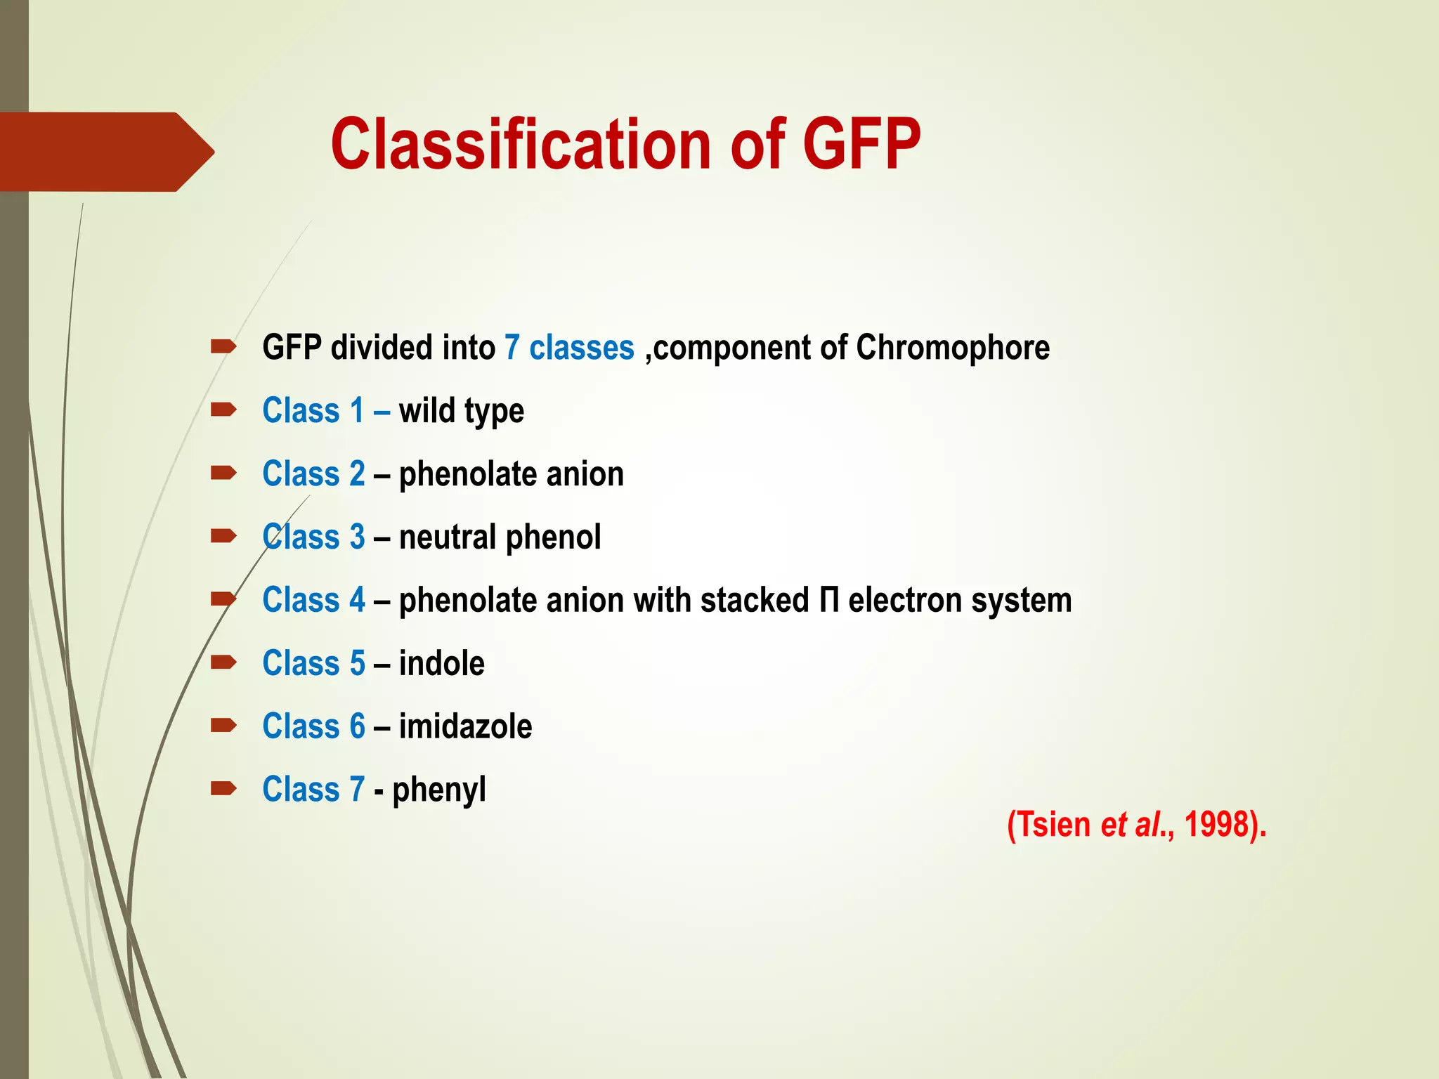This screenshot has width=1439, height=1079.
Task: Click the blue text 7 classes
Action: click(x=569, y=348)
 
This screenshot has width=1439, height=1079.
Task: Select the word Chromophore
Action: click(x=953, y=348)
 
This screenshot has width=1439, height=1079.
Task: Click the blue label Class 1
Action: click(x=313, y=411)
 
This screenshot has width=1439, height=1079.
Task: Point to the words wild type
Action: click(x=461, y=412)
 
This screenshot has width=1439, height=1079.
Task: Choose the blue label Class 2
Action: click(x=313, y=474)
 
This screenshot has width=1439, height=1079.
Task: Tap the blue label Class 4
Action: click(x=313, y=601)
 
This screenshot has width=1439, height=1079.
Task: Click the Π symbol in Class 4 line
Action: click(x=828, y=601)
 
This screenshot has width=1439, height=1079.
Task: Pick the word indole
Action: click(x=441, y=664)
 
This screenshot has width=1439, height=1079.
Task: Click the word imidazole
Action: click(x=465, y=727)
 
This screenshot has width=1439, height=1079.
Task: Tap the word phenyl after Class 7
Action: click(x=438, y=790)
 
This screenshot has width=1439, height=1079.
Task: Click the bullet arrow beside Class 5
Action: click(x=223, y=662)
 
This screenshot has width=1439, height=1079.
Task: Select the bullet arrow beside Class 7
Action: click(x=223, y=788)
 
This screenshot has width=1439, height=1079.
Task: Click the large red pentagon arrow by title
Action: click(x=105, y=152)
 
